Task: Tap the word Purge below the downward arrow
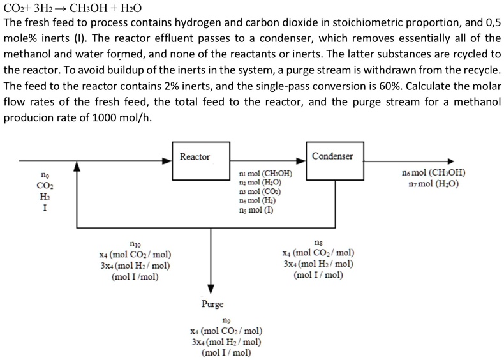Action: click(212, 304)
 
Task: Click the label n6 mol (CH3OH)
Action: click(433, 173)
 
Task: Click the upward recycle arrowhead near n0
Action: click(77, 167)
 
